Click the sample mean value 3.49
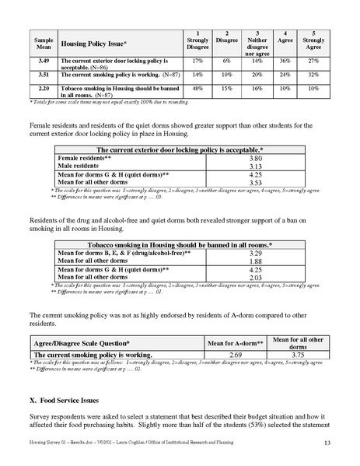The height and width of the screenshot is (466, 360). (44, 59)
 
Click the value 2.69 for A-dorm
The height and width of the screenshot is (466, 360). (236, 355)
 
